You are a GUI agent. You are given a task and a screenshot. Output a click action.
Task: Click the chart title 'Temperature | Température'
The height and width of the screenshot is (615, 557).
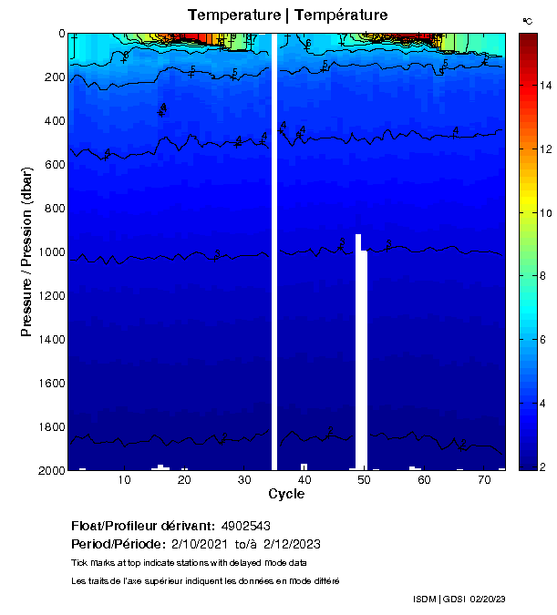click(287, 15)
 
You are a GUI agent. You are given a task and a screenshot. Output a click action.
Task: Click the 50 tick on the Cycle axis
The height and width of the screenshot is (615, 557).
click(365, 479)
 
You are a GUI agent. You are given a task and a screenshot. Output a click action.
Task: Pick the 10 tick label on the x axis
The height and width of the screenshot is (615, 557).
click(124, 479)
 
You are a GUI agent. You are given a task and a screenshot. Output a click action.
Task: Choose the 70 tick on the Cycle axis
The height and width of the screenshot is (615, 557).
click(484, 479)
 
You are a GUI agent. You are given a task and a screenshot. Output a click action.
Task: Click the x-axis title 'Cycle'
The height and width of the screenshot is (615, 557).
click(286, 495)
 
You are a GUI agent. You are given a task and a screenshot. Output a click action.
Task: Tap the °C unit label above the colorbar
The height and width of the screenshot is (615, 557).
click(528, 20)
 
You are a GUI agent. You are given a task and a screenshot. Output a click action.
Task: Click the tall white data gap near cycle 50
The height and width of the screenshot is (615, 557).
click(361, 355)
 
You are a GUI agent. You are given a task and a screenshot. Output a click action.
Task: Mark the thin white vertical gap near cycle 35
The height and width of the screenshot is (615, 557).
click(274, 251)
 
